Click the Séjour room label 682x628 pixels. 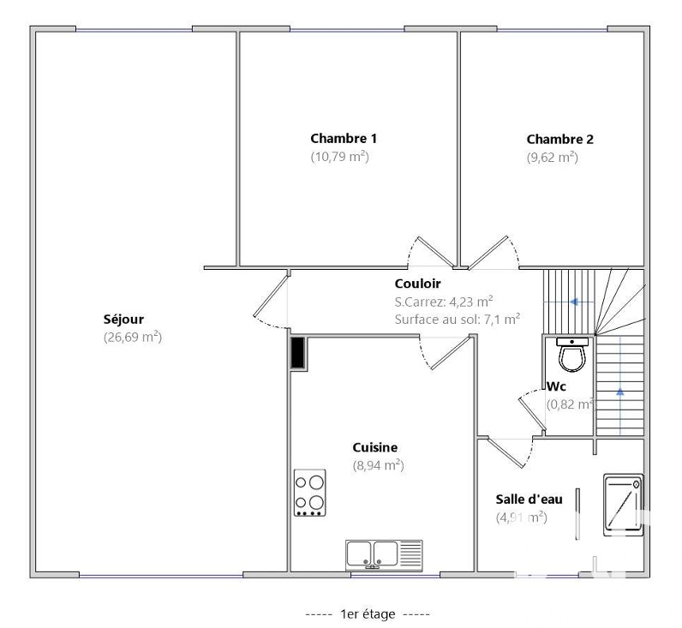coord(123,320)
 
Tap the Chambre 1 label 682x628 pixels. coord(344,139)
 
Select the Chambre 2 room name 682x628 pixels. coord(559,140)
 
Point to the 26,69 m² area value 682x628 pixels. coord(133,338)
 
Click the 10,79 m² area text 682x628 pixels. coord(339,157)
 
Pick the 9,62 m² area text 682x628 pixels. coord(553,158)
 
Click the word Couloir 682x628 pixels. coord(417,284)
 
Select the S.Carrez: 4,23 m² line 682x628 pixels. coord(444,302)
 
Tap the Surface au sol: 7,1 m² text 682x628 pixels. coord(458,320)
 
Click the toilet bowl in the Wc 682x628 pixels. coord(572,355)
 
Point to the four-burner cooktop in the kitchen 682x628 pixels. coord(309,493)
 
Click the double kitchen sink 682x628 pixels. coord(384,555)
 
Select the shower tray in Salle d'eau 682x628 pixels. coord(623,505)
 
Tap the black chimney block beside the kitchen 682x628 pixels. coord(298,353)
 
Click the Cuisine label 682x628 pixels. coord(375,447)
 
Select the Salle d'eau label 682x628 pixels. coord(529,499)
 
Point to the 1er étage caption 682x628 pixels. coord(368,614)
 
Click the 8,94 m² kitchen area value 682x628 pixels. coord(379,466)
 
